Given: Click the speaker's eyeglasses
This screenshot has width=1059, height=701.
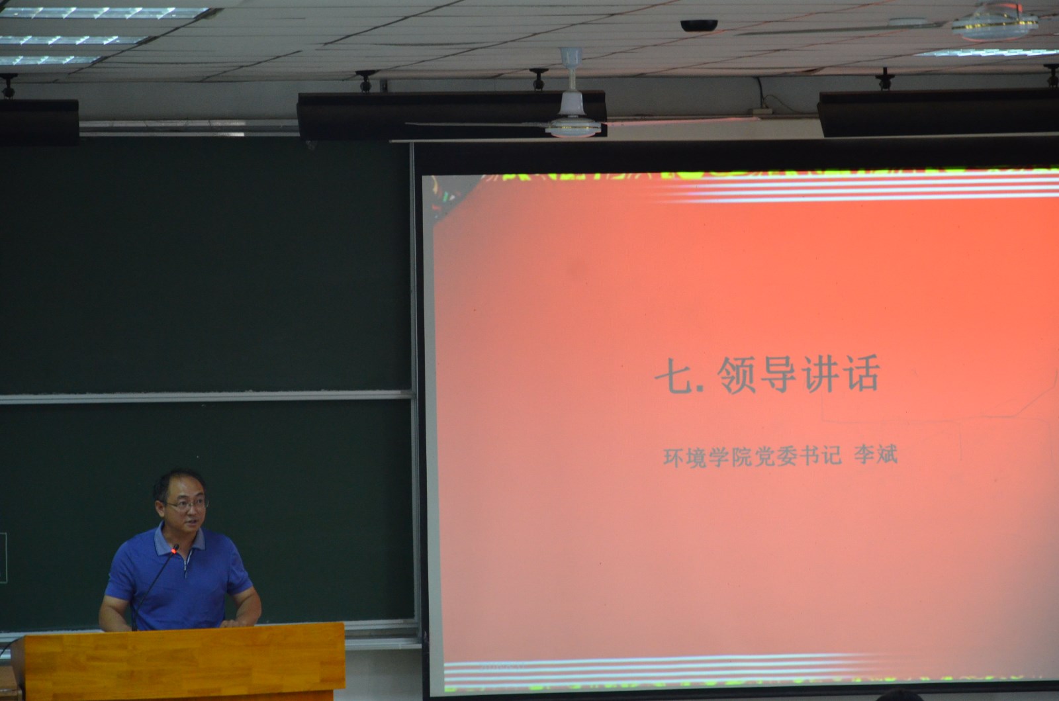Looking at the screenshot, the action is tap(186, 504).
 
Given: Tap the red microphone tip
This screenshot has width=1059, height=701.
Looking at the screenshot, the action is tap(175, 549).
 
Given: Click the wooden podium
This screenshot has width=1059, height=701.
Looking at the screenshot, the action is tap(185, 662).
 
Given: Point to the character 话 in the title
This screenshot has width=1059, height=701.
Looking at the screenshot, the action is tap(861, 373).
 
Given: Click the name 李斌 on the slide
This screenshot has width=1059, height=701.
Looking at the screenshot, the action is tap(876, 455).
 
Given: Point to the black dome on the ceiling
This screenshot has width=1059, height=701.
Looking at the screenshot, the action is tap(699, 25).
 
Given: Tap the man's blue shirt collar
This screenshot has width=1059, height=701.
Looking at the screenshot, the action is tap(179, 541).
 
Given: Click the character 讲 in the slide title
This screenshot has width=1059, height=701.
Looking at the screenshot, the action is tap(821, 374).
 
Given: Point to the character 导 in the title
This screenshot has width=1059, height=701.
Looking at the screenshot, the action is tap(778, 375).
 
